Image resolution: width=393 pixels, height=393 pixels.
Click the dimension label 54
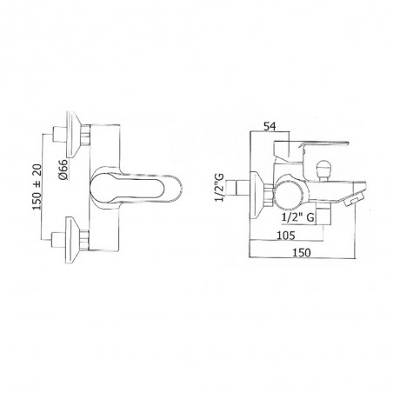[x=270, y=126]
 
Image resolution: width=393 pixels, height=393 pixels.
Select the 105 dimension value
[x=286, y=236]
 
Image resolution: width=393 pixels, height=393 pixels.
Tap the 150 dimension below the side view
[x=302, y=253]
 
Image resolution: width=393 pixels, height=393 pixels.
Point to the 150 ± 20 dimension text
[x=37, y=187]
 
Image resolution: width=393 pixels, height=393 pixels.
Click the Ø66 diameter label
[x=63, y=170]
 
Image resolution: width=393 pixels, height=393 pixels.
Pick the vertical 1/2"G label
[x=220, y=187]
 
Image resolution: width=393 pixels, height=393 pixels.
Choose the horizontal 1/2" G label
[x=298, y=217]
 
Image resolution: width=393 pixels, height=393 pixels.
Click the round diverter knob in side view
[x=323, y=171]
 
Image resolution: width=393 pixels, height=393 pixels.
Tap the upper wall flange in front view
[x=74, y=135]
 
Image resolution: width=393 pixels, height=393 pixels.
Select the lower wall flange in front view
[x=74, y=240]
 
